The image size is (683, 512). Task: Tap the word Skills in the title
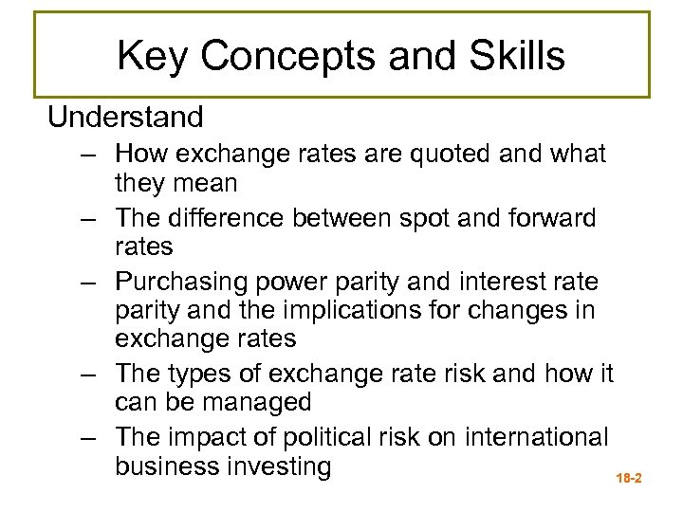pos(518,56)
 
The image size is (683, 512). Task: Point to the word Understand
pos(125,118)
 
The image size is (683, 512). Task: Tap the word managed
pos(250,402)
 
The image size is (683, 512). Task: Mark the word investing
pos(279,466)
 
